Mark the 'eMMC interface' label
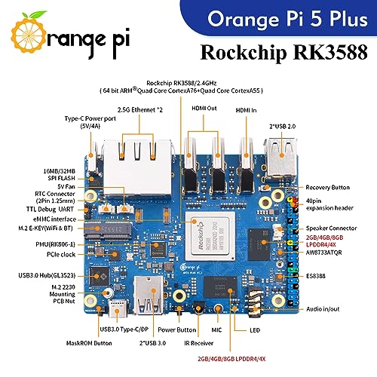[x=54, y=217]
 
